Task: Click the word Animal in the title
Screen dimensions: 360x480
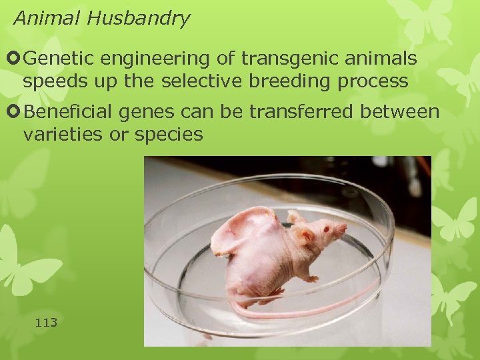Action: [37, 18]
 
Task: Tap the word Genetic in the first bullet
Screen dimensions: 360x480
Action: [63, 59]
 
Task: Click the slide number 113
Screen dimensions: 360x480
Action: [46, 323]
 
